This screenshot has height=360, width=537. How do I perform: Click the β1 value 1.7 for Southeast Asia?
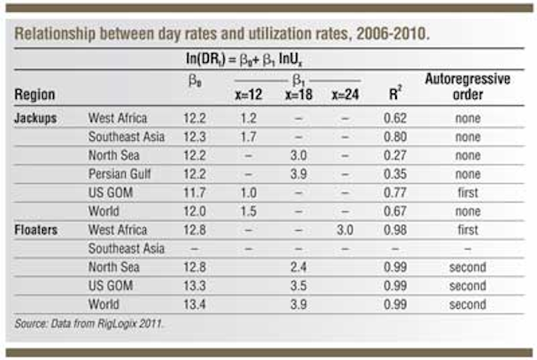coord(250,137)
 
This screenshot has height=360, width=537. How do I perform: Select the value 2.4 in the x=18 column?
coord(298,267)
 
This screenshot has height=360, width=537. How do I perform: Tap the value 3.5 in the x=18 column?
coord(298,285)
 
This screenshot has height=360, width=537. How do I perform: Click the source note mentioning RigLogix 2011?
coord(91,322)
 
